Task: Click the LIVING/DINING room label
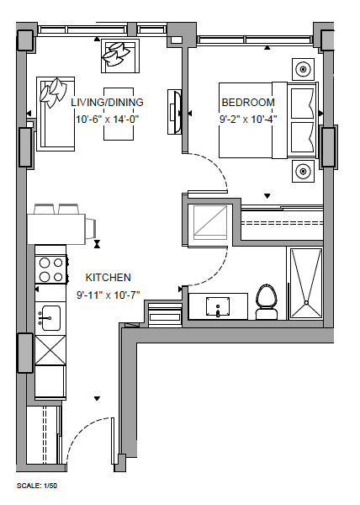click(107, 103)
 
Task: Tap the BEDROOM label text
click(248, 103)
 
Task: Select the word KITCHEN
click(109, 278)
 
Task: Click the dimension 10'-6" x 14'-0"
click(108, 120)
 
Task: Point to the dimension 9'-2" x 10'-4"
click(248, 120)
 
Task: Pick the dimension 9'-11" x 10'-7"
click(109, 295)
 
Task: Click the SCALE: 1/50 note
click(37, 486)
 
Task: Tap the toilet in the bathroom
click(267, 302)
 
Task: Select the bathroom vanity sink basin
click(218, 307)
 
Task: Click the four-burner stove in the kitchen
click(51, 269)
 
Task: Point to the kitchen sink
click(50, 318)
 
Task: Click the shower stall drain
click(306, 303)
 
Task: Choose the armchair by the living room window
click(120, 56)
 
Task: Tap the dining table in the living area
click(119, 114)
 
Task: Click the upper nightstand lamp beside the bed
click(303, 69)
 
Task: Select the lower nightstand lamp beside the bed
click(303, 171)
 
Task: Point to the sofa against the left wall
click(56, 114)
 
